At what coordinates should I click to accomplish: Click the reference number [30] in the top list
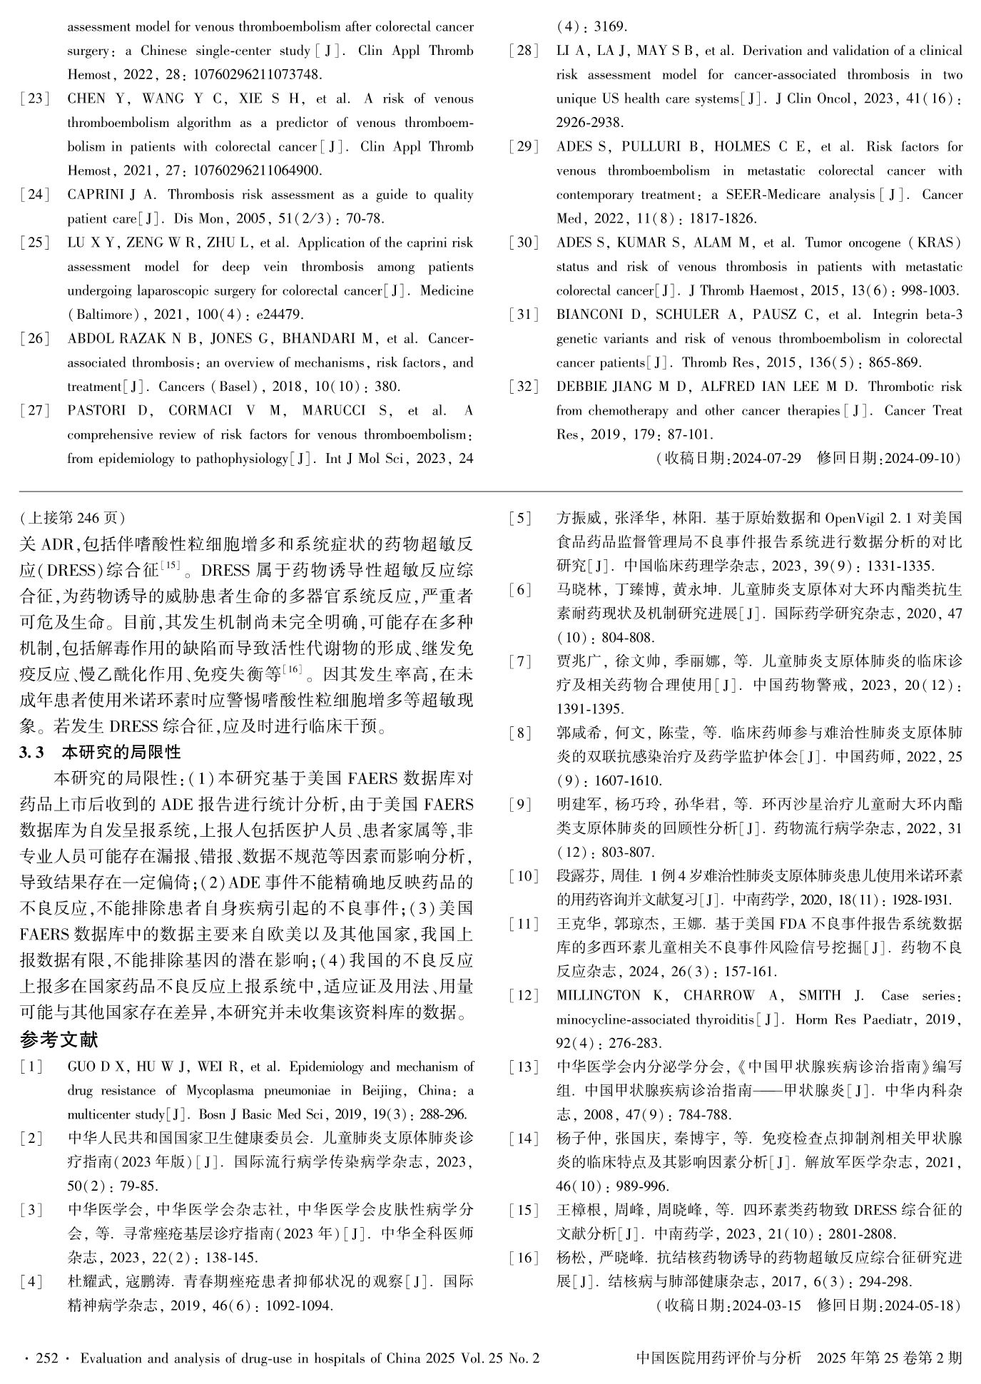(524, 243)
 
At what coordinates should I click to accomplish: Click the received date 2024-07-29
(763, 458)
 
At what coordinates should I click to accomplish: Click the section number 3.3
(32, 751)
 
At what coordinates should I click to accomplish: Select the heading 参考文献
(59, 1039)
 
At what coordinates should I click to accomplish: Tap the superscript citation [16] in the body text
(293, 668)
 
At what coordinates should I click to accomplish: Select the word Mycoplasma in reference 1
(218, 1091)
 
